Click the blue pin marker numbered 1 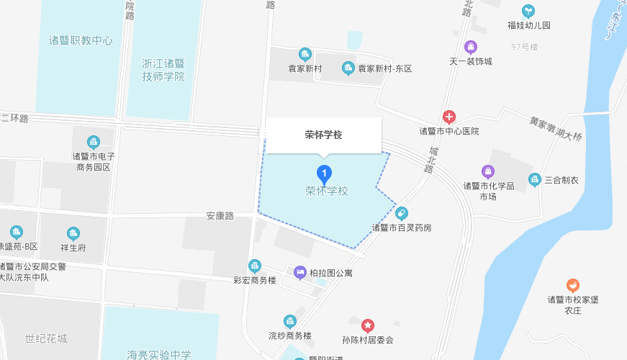coord(325,174)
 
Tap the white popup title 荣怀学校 coord(323,135)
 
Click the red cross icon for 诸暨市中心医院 coord(449,117)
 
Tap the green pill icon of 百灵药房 coord(401,213)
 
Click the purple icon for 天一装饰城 coord(471,48)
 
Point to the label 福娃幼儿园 coord(528,25)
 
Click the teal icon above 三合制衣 coord(534,179)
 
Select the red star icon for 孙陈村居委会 coord(368,325)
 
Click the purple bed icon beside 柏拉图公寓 coord(300,272)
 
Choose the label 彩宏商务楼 coord(255,280)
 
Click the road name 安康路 coord(220,215)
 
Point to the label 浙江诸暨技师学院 coord(163,70)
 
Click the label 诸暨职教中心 coord(81,40)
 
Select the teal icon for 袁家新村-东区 coord(348,68)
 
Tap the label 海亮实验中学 coord(159,354)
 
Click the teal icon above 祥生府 coord(73,233)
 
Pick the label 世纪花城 coord(46,338)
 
